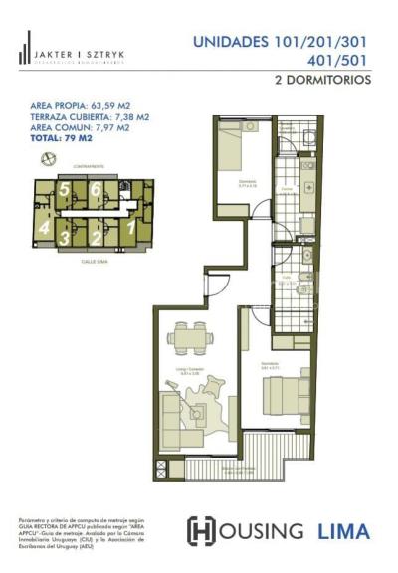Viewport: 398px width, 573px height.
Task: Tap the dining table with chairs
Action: [x=186, y=338]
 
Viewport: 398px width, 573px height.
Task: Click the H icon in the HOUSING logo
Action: [x=201, y=531]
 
